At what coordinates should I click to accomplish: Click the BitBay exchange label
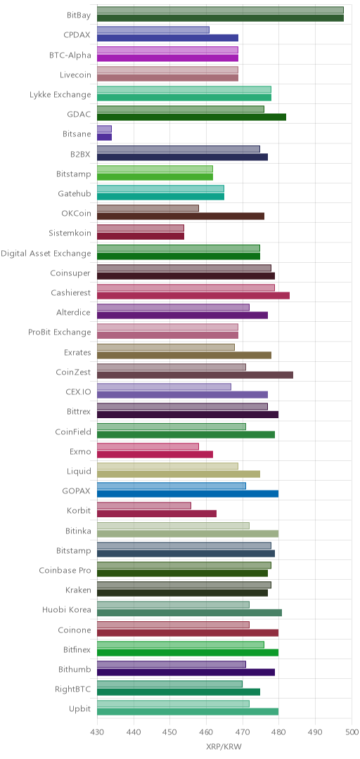point(79,15)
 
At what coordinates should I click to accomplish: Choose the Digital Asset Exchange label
point(46,253)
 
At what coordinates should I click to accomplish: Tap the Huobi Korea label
point(67,609)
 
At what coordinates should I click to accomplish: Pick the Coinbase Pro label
point(65,570)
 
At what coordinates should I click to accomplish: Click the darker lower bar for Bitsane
point(104,137)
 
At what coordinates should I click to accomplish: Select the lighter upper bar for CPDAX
point(153,30)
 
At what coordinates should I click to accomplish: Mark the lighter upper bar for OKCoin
point(148,209)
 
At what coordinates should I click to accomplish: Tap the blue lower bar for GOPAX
point(188,494)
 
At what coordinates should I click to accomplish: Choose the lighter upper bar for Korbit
point(144,506)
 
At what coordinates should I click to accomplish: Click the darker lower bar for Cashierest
point(193,296)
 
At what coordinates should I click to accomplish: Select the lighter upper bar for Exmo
point(148,446)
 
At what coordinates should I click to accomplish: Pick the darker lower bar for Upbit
point(188,711)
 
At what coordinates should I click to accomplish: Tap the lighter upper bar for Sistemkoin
point(141,228)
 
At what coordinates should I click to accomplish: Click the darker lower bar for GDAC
point(191,117)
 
